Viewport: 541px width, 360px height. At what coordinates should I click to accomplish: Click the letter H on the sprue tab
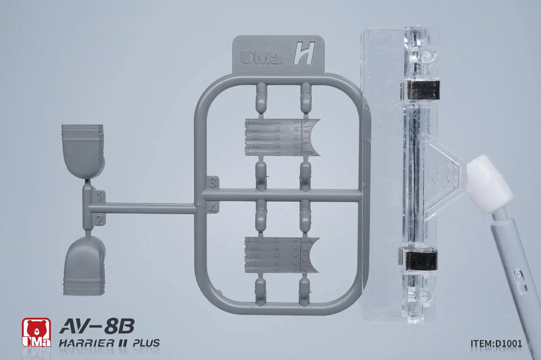tap(304, 53)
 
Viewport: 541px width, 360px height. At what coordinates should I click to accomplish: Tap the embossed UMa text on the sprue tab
tap(261, 56)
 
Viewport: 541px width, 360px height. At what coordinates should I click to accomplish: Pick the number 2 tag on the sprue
tap(99, 219)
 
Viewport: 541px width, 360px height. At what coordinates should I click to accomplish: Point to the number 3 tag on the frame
tap(212, 182)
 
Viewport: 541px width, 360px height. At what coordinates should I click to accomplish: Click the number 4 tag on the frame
tap(213, 207)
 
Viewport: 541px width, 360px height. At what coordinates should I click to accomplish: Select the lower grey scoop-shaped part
tap(84, 265)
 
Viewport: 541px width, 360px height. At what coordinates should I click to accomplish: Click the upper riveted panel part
tap(282, 137)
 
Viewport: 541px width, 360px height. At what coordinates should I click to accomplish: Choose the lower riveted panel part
tap(282, 255)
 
